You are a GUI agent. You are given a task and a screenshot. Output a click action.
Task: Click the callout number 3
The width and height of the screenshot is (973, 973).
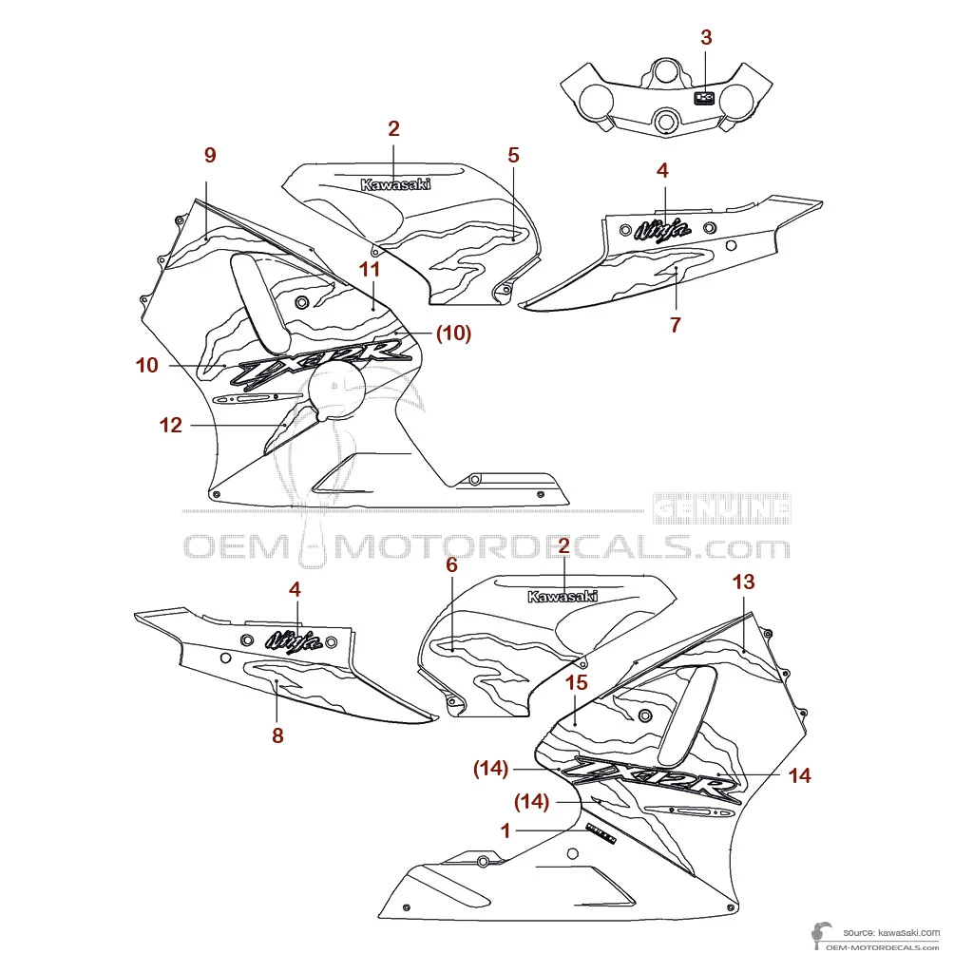705,38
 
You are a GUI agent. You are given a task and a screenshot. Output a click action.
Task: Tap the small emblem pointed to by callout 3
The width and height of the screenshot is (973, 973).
704,97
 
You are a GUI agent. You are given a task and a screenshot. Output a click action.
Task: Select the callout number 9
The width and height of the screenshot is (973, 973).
210,155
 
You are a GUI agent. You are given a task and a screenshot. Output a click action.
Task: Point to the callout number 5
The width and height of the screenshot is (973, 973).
513,155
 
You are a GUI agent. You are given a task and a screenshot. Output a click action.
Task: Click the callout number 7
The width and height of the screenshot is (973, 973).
675,325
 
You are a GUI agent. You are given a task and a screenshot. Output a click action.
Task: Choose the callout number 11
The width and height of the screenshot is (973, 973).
370,270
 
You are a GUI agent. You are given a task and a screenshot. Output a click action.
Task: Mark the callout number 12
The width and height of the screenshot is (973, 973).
170,426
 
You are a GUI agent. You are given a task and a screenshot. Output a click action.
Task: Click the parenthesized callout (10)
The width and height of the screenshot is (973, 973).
453,334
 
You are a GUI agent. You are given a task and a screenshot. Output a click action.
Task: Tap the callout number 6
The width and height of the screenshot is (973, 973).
451,564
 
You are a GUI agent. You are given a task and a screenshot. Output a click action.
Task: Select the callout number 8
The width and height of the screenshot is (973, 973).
277,735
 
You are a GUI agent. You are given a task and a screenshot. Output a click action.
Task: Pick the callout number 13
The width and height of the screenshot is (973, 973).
743,582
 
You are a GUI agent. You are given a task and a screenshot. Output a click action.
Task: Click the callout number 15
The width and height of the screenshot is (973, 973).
577,682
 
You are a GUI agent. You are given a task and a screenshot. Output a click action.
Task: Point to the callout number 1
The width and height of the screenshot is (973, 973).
506,830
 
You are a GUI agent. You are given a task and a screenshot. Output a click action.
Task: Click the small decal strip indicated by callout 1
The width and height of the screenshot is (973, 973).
601,834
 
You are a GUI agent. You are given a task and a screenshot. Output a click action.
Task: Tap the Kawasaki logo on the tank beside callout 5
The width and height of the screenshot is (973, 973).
395,185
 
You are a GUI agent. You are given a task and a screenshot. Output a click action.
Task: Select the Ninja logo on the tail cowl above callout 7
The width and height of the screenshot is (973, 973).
662,229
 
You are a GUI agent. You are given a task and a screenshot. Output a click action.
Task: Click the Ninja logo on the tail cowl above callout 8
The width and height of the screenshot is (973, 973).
292,641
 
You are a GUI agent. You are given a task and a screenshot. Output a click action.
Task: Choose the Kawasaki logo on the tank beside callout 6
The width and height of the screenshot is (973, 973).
563,597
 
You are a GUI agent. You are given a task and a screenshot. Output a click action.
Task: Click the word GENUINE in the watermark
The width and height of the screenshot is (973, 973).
722,509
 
